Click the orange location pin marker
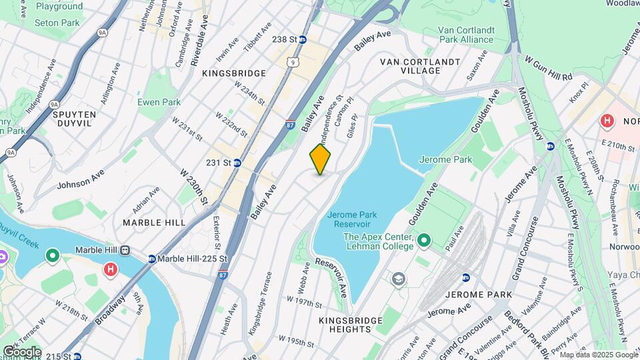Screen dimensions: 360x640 click(x=320, y=159)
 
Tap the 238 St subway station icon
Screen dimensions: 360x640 click(x=303, y=40)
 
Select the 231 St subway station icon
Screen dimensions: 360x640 click(x=237, y=163)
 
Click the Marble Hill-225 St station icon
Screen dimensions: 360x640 click(x=152, y=259)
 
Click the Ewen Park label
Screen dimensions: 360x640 click(x=159, y=102)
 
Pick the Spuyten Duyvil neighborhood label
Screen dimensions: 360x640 click(x=75, y=119)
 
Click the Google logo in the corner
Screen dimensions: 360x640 click(x=21, y=351)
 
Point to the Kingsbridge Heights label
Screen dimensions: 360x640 click(x=344, y=325)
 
